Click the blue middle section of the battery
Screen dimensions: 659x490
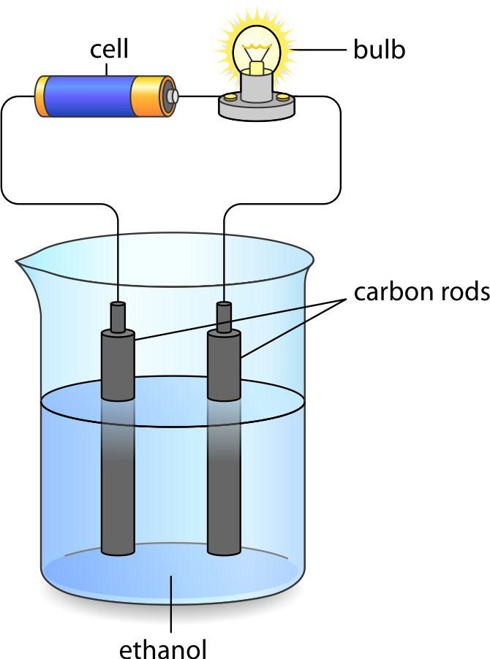click(x=88, y=96)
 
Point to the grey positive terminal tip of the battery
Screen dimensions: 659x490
click(x=173, y=96)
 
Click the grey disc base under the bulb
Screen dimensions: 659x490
click(x=256, y=108)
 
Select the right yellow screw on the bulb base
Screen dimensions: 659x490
click(x=283, y=96)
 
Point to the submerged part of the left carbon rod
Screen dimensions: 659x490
click(x=118, y=497)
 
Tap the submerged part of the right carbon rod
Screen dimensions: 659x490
click(x=224, y=497)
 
